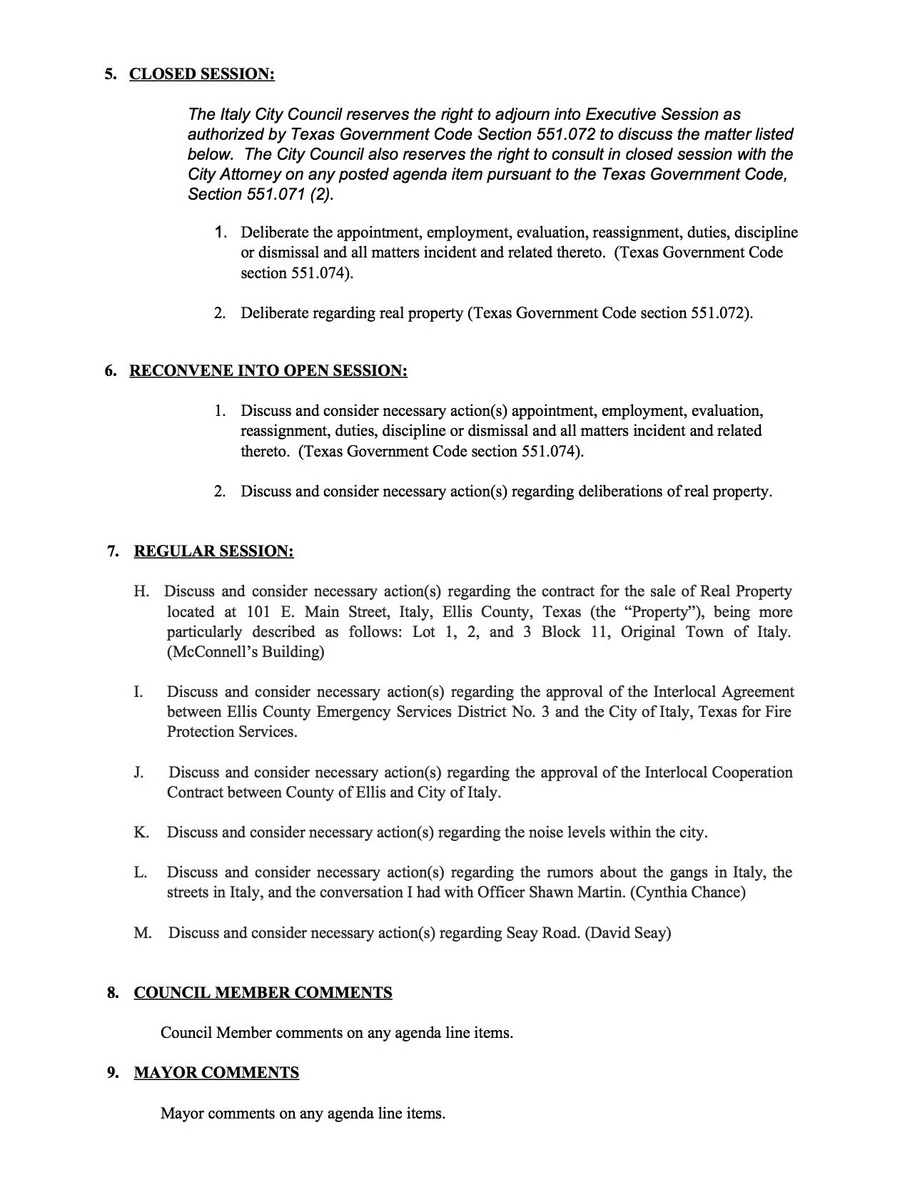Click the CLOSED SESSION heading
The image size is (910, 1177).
(201, 74)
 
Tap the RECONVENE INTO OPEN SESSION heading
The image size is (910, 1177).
(268, 371)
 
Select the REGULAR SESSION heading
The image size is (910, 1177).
(213, 551)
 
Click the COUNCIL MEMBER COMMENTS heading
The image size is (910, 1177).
(263, 993)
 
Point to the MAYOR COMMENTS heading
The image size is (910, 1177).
(216, 1073)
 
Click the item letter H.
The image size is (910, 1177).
(141, 591)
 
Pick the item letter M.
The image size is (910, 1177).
(142, 933)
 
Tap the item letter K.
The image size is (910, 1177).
(141, 832)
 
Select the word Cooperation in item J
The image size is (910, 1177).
(746, 773)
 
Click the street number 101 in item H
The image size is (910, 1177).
(258, 612)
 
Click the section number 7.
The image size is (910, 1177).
(113, 551)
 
